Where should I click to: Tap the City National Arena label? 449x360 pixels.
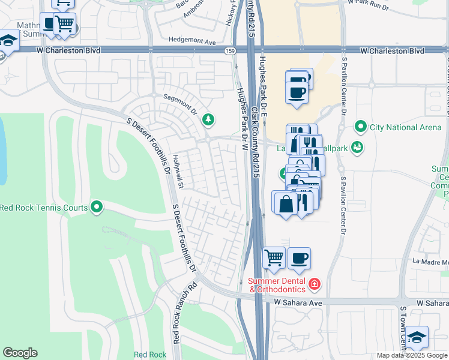402,127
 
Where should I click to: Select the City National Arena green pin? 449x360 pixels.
360,127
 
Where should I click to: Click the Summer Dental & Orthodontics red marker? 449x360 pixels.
314,283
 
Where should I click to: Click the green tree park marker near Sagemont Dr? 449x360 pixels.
208,120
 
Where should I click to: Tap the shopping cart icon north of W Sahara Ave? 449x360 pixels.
274,258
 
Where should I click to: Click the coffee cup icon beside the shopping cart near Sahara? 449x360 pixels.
299,258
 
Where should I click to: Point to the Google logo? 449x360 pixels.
20,353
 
